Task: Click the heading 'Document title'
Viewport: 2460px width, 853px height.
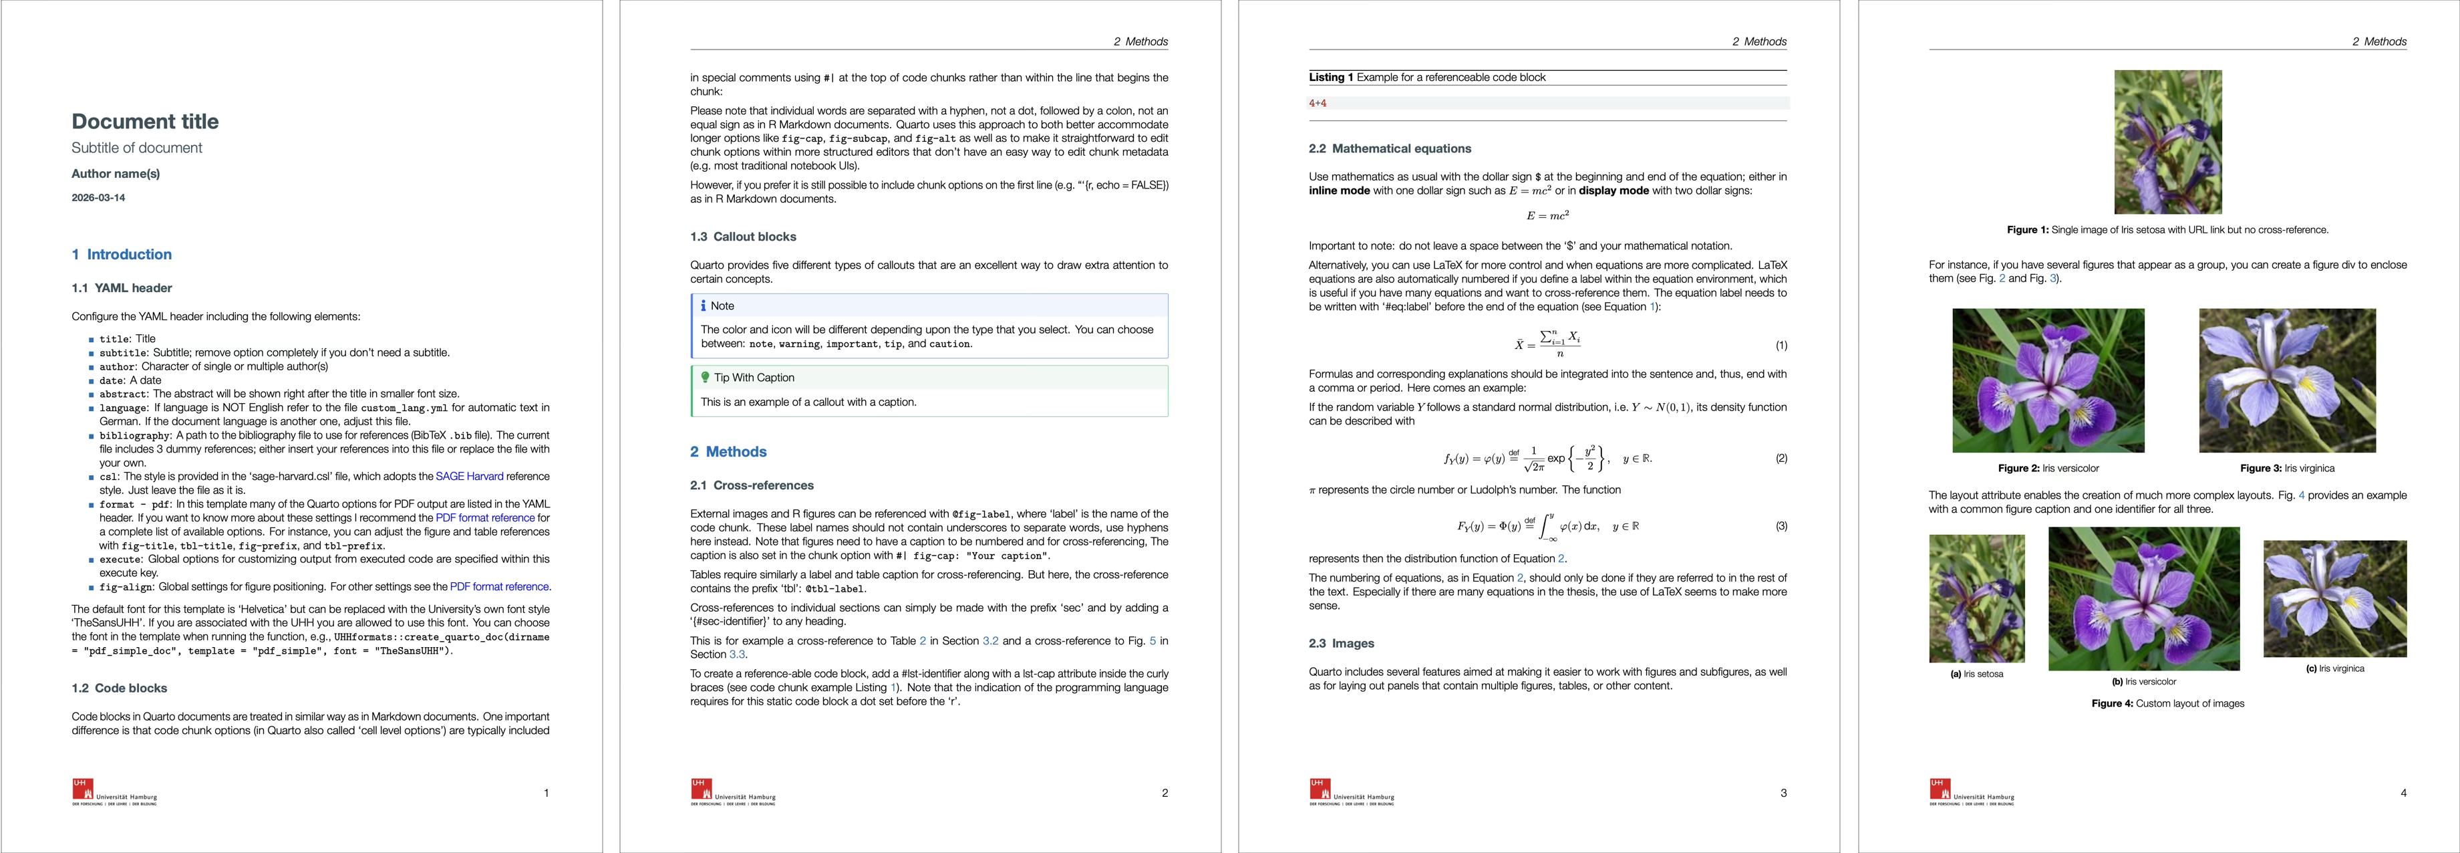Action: (x=145, y=121)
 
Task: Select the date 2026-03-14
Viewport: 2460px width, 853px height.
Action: (x=98, y=198)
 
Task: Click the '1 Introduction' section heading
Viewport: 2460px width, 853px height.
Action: (x=122, y=254)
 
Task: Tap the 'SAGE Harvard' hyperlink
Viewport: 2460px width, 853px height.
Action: (x=469, y=476)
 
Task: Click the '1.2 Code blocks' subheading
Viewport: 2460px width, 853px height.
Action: (x=120, y=688)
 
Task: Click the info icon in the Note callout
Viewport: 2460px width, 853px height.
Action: (x=704, y=306)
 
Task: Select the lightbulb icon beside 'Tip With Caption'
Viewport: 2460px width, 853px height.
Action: (x=705, y=377)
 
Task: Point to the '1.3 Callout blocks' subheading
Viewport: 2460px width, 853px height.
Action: (x=743, y=237)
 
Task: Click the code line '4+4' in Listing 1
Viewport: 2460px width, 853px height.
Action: (x=1318, y=103)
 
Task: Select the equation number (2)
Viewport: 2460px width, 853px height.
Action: (x=1781, y=459)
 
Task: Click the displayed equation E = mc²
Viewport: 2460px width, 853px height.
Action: (x=1547, y=216)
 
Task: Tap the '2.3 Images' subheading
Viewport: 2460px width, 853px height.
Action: (x=1341, y=644)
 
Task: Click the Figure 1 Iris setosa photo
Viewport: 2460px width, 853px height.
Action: (x=2168, y=141)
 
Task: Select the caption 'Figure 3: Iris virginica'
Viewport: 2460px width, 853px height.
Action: (x=2287, y=468)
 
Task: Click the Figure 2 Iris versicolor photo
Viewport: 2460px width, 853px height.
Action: (x=2048, y=380)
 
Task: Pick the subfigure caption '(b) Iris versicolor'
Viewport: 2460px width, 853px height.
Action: (x=2144, y=682)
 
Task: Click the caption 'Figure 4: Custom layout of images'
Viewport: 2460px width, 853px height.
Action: (x=2168, y=703)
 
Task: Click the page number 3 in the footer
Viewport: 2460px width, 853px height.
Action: (x=1783, y=793)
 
